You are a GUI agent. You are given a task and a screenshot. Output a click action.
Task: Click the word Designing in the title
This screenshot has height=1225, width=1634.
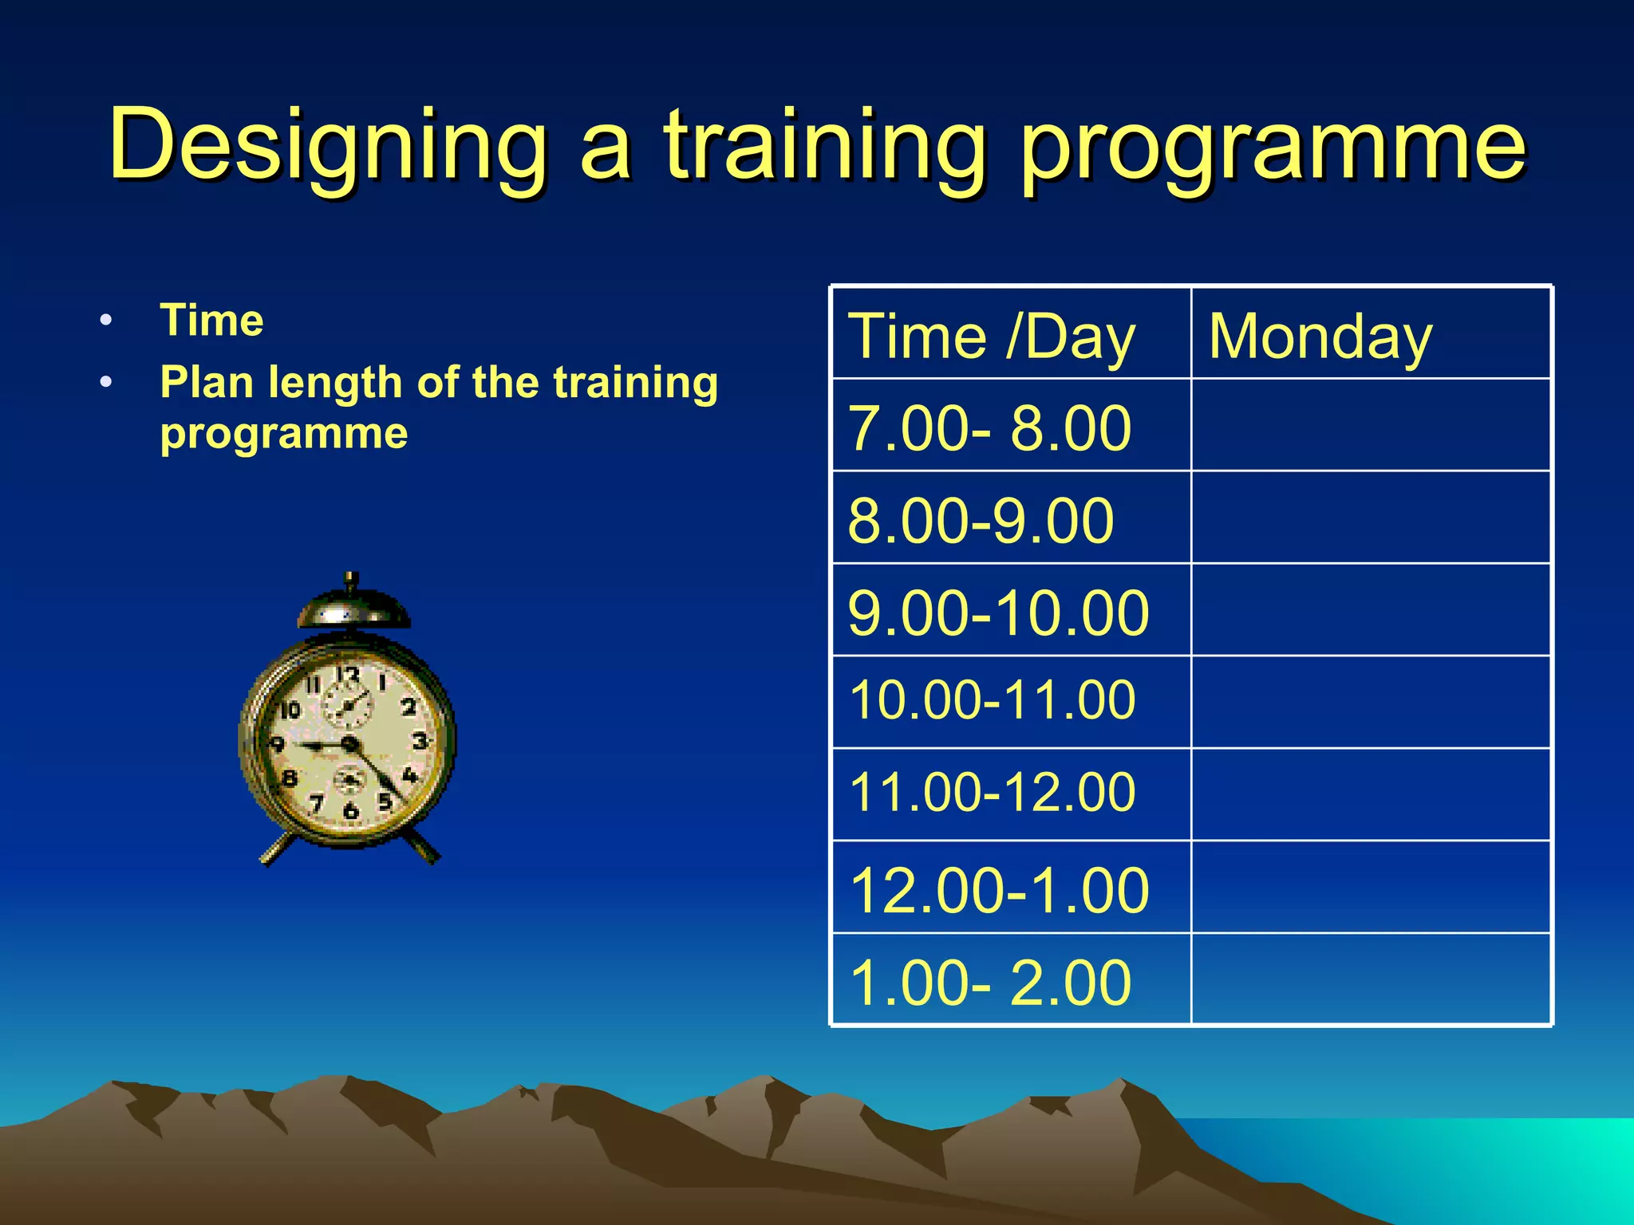click(x=327, y=145)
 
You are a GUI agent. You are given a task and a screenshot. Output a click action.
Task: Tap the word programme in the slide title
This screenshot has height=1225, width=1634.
click(x=1274, y=145)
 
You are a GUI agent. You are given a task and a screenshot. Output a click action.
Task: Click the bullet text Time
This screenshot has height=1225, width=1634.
click(x=211, y=321)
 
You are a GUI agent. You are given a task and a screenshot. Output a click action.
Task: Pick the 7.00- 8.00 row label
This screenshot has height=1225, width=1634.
click(x=989, y=428)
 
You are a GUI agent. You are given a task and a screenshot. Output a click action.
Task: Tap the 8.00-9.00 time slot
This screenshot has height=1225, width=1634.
click(x=981, y=521)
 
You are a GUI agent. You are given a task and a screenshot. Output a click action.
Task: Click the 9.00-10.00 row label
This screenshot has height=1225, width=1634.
click(x=998, y=613)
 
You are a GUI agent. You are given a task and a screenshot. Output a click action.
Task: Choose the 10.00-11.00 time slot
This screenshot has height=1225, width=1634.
click(x=992, y=701)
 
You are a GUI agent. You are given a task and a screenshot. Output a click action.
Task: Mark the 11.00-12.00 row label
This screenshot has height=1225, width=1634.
click(x=992, y=793)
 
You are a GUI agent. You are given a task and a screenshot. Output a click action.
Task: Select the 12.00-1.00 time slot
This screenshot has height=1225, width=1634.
click(x=999, y=890)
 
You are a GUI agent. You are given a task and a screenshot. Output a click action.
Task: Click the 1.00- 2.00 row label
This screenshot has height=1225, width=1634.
click(x=990, y=983)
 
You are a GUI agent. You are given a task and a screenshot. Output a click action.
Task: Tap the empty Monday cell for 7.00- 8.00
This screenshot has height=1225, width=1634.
click(x=1371, y=425)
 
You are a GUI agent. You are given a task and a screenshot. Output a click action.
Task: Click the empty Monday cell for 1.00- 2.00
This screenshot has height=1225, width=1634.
click(x=1371, y=979)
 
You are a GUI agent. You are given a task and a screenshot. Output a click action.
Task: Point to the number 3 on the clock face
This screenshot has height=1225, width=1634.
click(x=420, y=742)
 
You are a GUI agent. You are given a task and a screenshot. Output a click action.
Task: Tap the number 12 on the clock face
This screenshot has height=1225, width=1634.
click(x=348, y=675)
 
